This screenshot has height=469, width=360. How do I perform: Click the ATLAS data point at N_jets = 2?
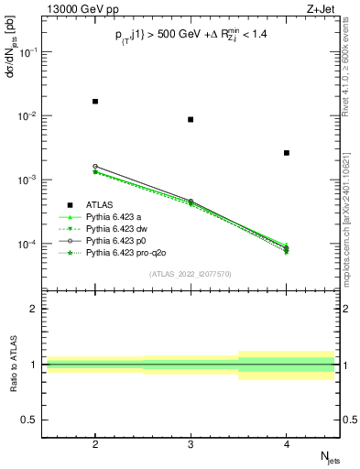95,102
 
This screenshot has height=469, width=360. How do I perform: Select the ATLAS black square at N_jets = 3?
191,120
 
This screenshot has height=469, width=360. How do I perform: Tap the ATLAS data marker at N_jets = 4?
287,153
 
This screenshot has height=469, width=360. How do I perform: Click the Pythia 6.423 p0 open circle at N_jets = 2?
95,167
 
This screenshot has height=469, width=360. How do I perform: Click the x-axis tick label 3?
191,445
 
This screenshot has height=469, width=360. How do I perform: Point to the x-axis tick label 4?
287,445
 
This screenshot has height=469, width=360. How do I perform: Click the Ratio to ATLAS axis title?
12,365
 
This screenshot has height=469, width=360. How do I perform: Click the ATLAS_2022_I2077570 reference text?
191,273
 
